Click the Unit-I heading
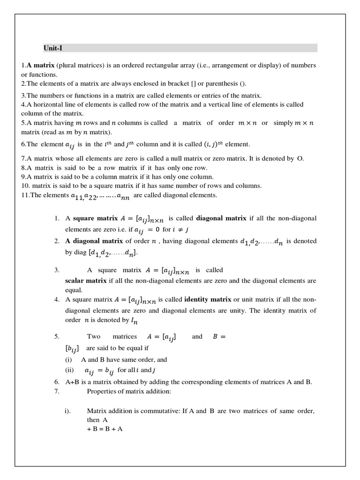coord(51,48)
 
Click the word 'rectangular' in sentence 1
coord(165,65)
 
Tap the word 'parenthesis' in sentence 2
coord(222,83)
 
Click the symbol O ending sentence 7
coord(300,158)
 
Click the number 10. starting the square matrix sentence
coord(26,186)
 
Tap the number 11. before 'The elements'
coord(26,195)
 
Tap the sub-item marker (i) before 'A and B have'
coord(69,360)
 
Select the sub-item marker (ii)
coord(70,370)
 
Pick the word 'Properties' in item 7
coord(102,391)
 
